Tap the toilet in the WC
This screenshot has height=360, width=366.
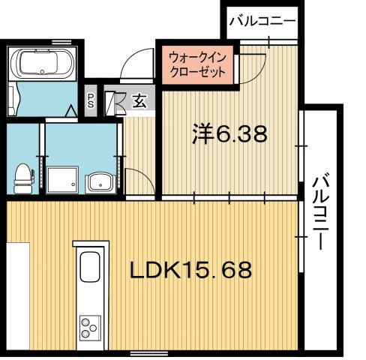(x=22, y=175)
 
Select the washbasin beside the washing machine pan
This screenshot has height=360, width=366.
(x=97, y=182)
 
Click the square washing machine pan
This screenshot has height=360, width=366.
(x=61, y=179)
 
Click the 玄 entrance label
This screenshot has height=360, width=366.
(x=140, y=99)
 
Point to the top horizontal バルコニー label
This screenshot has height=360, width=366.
(x=262, y=20)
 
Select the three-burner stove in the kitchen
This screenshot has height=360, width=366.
(x=90, y=328)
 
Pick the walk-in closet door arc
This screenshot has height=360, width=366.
(x=253, y=67)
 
